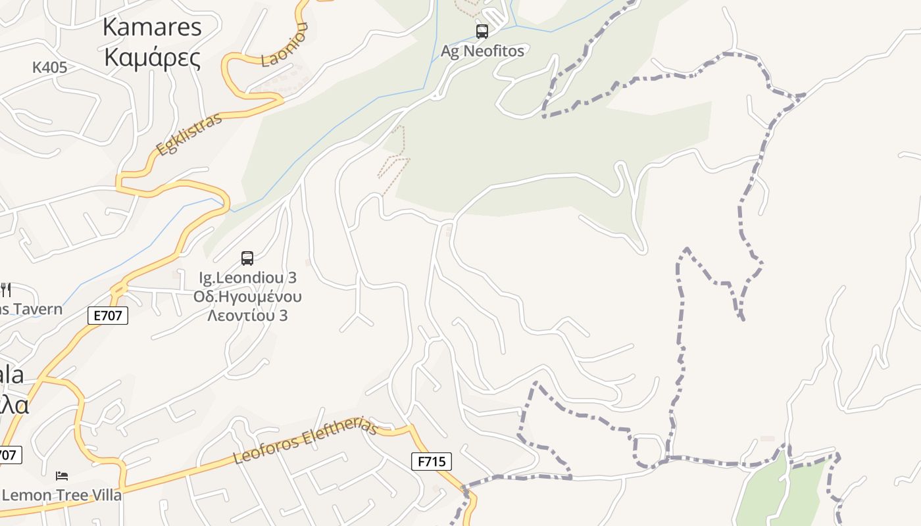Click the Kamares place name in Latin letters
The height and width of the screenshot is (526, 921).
click(x=153, y=28)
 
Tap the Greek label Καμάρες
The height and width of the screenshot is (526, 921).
click(x=153, y=58)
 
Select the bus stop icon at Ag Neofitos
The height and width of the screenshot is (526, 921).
click(x=482, y=31)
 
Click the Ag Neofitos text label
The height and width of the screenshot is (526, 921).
click(x=482, y=51)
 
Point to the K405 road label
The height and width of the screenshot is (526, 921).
click(x=50, y=67)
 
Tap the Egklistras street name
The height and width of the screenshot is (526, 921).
click(x=189, y=134)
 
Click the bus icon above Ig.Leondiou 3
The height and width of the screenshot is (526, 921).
click(x=247, y=258)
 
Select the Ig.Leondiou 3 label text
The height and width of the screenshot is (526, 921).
click(x=247, y=277)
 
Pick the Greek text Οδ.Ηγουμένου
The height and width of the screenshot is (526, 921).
click(x=247, y=297)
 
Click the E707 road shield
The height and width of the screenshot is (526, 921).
click(x=107, y=316)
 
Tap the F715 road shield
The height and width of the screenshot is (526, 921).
click(x=432, y=462)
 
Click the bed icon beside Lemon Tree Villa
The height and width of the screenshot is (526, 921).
click(x=62, y=475)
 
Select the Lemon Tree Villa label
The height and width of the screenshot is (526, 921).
click(x=62, y=495)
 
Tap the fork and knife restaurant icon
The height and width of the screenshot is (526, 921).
click(x=6, y=289)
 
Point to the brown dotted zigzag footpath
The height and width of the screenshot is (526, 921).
click(x=395, y=158)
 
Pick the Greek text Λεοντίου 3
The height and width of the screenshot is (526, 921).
click(x=247, y=316)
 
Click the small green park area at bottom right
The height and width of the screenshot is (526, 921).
click(x=780, y=493)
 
